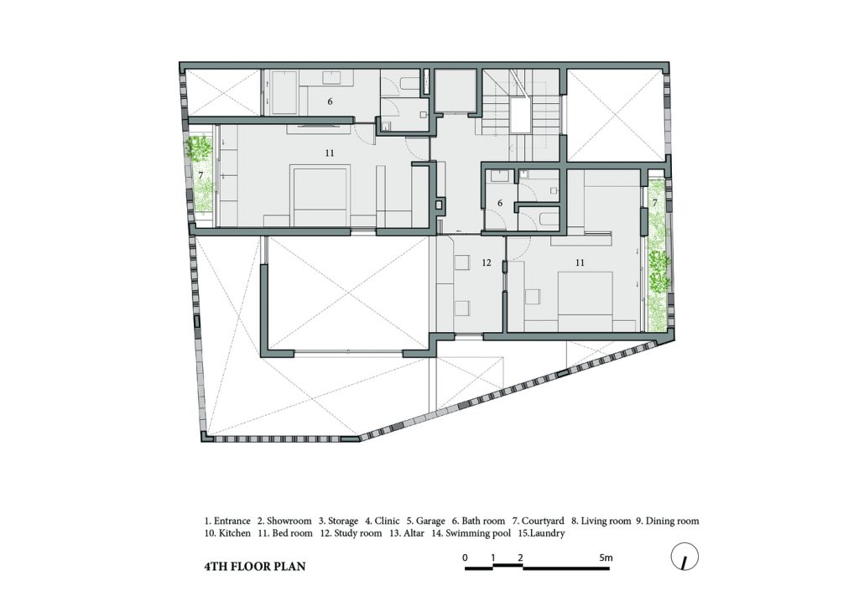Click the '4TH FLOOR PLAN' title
[255, 567]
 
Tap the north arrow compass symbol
[685, 558]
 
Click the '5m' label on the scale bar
[606, 558]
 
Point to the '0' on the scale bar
[465, 558]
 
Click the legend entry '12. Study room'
[351, 533]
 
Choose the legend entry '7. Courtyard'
[538, 521]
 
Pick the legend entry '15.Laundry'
[541, 533]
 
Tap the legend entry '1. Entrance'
[227, 521]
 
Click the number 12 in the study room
[487, 262]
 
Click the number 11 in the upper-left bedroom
[329, 153]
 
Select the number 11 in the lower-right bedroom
[580, 262]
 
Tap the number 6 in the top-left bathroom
[330, 101]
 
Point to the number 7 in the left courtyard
[201, 176]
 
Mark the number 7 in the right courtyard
[654, 203]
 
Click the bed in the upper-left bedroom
[321, 197]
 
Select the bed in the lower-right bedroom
[585, 302]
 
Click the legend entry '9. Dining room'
[667, 521]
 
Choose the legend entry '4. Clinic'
[383, 521]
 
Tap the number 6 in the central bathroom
[500, 203]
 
